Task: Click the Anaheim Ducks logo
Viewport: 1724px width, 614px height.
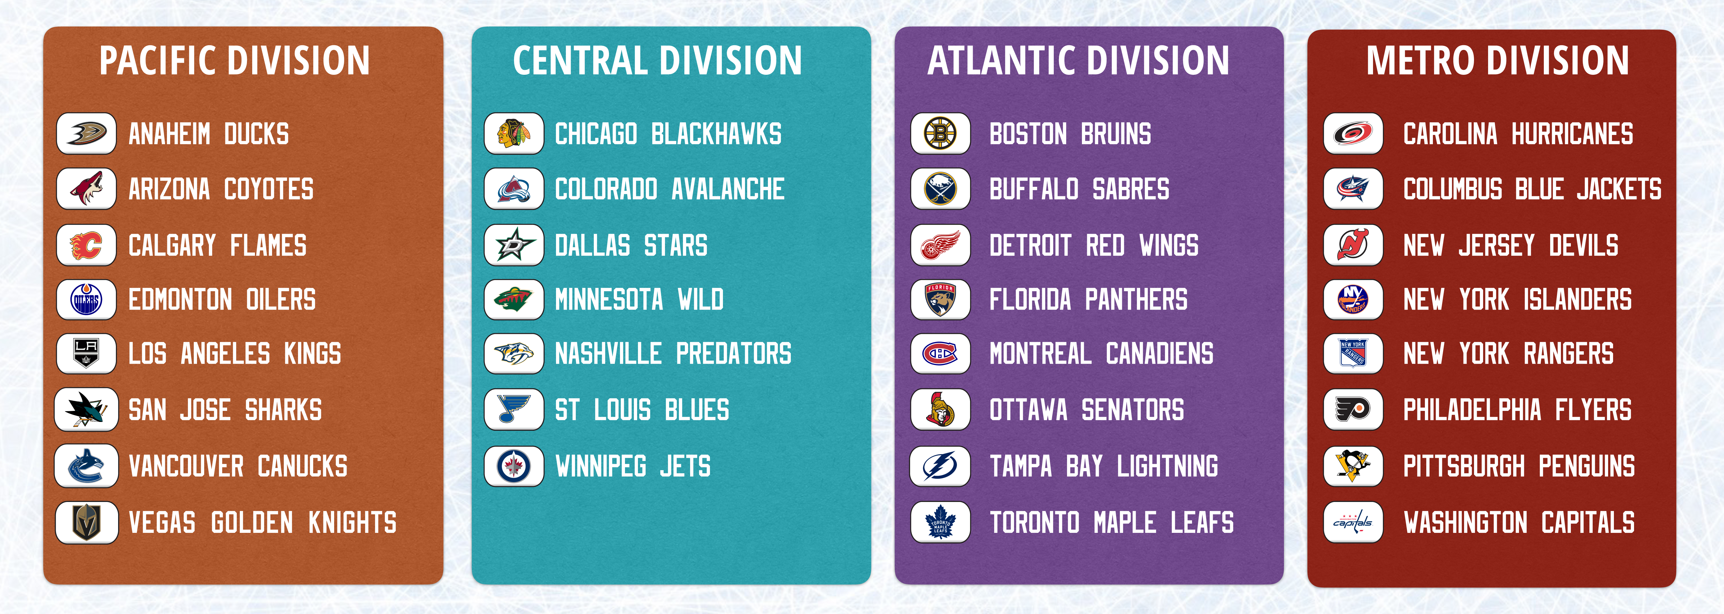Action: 86,133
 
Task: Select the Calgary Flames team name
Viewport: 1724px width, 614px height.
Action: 217,245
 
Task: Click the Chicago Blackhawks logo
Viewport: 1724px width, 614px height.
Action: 514,133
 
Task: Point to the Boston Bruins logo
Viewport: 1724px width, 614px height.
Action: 940,133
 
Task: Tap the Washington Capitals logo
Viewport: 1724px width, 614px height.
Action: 1353,522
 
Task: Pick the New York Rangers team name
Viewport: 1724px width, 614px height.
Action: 1508,353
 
